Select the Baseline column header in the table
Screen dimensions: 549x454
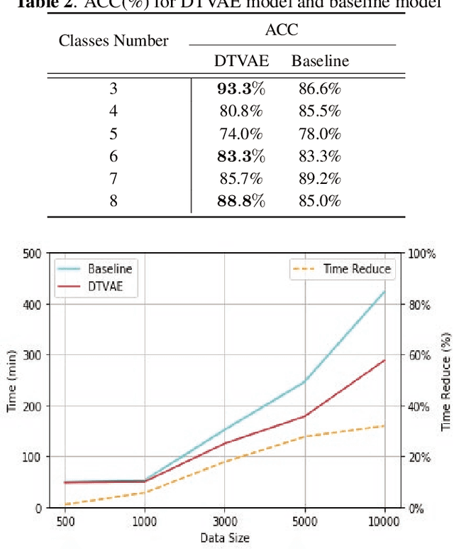pos(320,61)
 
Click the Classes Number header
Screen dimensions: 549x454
pos(113,40)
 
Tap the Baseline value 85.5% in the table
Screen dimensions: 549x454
pos(320,112)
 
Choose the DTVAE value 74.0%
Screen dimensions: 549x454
pos(240,134)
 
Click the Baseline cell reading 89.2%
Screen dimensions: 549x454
pos(320,178)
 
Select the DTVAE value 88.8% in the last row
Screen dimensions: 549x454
pos(240,200)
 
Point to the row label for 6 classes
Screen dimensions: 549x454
pos(113,156)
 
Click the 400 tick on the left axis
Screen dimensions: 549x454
pos(31,304)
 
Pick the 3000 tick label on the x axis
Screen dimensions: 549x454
pos(225,521)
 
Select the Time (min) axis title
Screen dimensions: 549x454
pos(11,380)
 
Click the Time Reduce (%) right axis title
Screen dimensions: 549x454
pos(445,380)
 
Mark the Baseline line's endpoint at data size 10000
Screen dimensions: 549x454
pos(385,291)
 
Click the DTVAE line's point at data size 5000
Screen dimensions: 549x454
pos(305,416)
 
